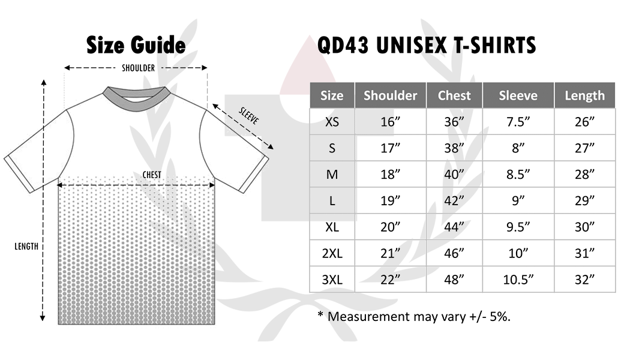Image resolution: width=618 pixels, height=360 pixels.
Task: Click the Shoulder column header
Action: coord(390,95)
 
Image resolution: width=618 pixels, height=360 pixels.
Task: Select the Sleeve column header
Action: coord(518,95)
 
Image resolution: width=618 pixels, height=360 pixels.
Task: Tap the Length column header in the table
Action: coord(584,96)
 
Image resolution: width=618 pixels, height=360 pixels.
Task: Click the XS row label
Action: coord(332,122)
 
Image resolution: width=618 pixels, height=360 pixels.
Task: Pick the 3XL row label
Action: coord(332,280)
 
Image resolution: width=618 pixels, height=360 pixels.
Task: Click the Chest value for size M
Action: coord(454,174)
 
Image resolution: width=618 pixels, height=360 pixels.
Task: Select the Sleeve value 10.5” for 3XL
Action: coord(518,280)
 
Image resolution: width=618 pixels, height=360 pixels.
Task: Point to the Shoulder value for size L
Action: coord(390,201)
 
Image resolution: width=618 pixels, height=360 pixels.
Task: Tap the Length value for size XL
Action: coord(584,227)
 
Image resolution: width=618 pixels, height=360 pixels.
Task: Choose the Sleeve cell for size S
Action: coord(518,148)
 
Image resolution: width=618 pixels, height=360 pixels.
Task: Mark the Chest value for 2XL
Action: coord(454,253)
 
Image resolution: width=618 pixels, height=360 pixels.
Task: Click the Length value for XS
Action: coord(584,122)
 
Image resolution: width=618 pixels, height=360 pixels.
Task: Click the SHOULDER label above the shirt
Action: coord(139,68)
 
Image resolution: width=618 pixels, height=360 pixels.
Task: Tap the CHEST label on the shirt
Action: coord(152,175)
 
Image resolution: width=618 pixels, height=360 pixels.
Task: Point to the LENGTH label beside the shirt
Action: coord(26,247)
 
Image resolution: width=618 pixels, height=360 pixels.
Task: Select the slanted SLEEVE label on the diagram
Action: coord(249,116)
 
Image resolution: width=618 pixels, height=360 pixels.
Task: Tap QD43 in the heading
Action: coord(343,46)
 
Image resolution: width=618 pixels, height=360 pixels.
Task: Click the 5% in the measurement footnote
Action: coord(500,317)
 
